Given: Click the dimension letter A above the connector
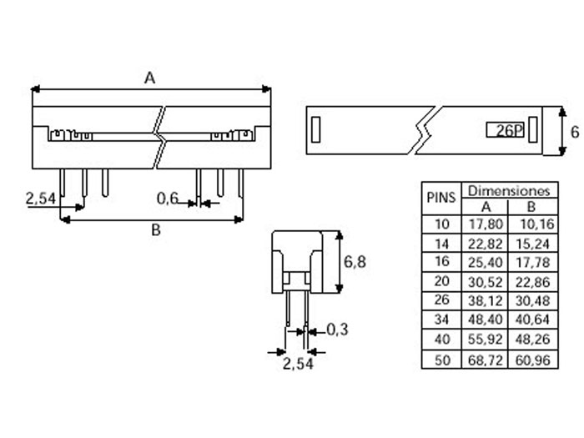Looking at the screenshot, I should [x=150, y=78].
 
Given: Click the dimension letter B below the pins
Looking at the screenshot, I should [x=155, y=231].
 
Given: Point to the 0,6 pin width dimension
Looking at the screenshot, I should [x=168, y=199].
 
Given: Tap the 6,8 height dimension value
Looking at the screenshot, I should [x=355, y=262].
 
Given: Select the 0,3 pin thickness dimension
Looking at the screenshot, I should [x=337, y=330].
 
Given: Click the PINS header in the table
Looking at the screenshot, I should [x=441, y=198].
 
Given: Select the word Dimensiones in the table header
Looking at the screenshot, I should [x=508, y=190].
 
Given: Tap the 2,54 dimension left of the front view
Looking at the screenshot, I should [x=41, y=199].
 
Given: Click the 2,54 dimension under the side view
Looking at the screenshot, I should [x=297, y=365].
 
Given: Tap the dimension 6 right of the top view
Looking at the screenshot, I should [x=574, y=132].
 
